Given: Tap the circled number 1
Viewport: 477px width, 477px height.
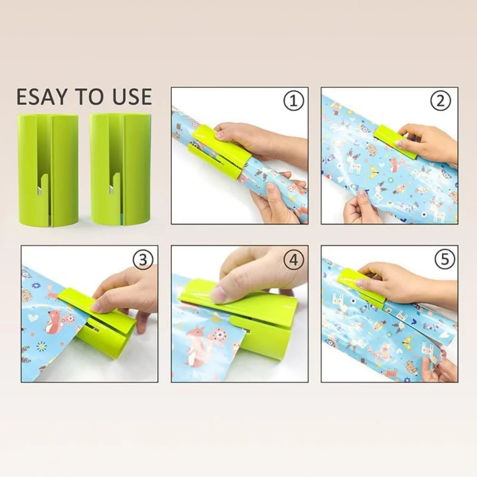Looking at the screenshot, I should (x=293, y=101).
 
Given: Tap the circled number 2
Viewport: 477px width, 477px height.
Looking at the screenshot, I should (x=441, y=101).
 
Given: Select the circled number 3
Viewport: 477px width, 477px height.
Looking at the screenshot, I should (x=143, y=259).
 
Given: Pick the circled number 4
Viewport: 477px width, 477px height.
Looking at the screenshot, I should (x=293, y=260).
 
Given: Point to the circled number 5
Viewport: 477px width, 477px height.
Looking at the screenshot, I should (x=445, y=259).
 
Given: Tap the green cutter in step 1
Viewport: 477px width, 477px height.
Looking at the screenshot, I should (x=217, y=153).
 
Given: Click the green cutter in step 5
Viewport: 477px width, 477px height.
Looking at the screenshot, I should (x=360, y=286).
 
